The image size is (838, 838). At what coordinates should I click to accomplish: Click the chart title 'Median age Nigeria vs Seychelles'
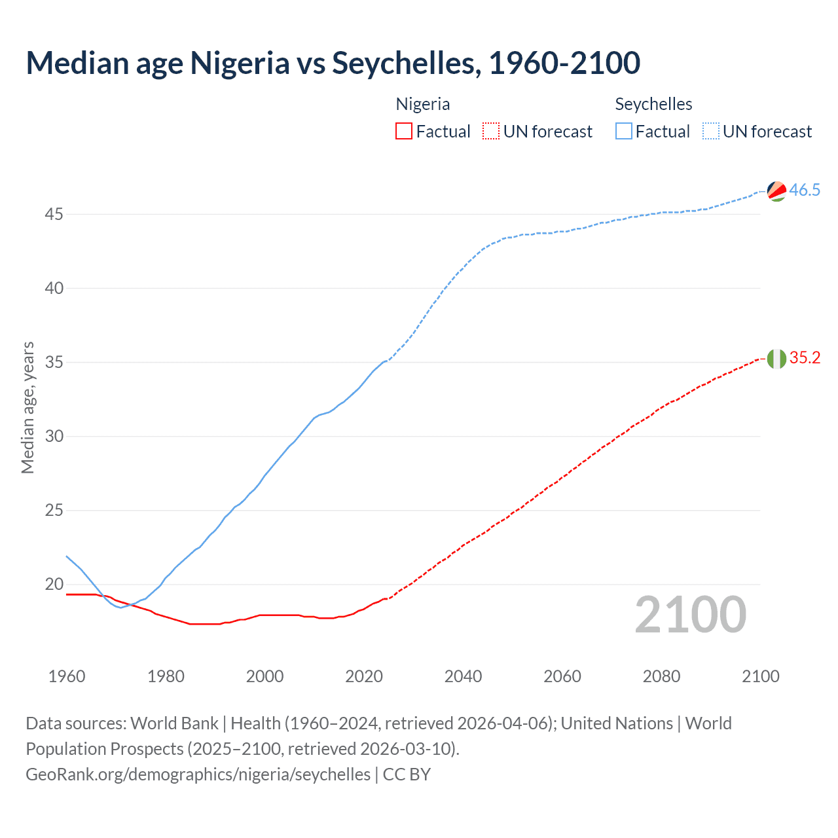tap(333, 63)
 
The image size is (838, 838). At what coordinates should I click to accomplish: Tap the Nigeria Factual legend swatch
tap(404, 131)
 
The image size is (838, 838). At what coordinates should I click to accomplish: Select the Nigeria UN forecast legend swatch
tap(490, 131)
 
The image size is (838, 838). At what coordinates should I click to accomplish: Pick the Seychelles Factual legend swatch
tap(624, 131)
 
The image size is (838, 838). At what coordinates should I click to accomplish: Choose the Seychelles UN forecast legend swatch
tap(710, 131)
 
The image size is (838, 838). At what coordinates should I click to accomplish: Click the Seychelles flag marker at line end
tap(776, 191)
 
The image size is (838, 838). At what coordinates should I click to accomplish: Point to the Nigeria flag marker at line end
tap(776, 359)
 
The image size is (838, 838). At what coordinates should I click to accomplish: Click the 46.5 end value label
tap(805, 190)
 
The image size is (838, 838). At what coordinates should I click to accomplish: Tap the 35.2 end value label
tap(805, 357)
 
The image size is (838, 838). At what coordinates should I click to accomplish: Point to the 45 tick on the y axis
tap(54, 214)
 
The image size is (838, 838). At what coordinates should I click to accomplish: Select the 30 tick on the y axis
tap(54, 436)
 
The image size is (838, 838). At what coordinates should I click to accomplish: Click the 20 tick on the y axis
tap(54, 584)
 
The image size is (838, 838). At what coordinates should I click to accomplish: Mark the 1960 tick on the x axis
tap(67, 676)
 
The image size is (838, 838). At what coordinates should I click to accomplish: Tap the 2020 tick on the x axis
tap(364, 676)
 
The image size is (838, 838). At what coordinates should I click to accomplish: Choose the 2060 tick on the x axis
tap(562, 676)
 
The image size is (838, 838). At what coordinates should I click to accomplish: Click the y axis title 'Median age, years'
tap(27, 407)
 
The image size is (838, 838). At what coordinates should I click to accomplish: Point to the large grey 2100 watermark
tap(691, 614)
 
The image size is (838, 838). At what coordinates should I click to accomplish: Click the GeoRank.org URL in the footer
tap(198, 774)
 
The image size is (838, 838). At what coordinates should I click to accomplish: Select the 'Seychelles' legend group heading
tap(653, 104)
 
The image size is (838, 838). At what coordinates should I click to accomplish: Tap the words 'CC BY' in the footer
tap(407, 774)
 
